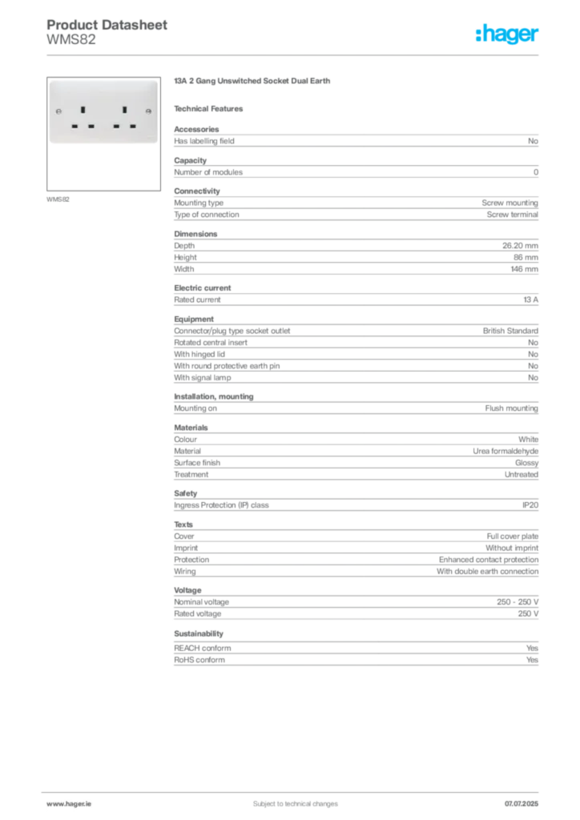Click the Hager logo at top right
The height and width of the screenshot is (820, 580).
[509, 34]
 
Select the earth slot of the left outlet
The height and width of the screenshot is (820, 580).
[83, 107]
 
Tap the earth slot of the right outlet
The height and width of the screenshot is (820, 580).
[125, 107]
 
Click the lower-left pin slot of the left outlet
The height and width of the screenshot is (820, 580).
[74, 126]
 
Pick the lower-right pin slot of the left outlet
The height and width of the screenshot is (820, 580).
[91, 126]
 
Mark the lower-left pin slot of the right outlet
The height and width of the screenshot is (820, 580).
[116, 126]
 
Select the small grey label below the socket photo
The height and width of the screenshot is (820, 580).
[58, 199]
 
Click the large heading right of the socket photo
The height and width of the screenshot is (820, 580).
[252, 82]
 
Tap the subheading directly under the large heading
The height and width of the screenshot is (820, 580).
[211, 108]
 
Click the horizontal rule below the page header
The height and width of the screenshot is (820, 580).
[295, 54]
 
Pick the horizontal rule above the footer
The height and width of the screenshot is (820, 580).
[295, 790]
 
